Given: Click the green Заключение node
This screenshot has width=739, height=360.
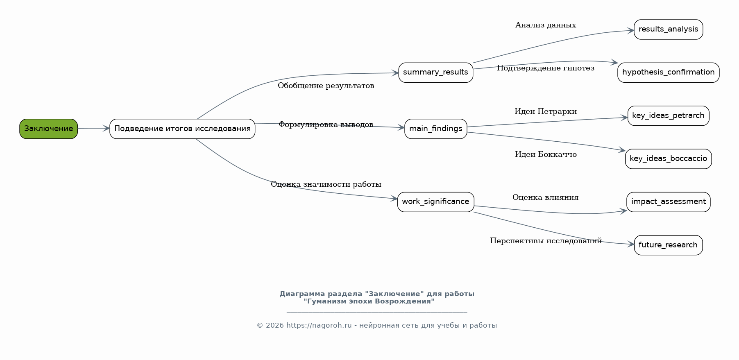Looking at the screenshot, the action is [x=48, y=129].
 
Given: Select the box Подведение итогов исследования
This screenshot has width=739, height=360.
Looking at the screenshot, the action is [x=182, y=129].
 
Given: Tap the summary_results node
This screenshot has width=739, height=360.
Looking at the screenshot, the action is [x=435, y=72].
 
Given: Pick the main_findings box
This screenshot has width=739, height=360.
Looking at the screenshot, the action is [x=435, y=129].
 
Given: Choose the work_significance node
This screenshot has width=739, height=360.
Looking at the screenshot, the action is [x=435, y=202].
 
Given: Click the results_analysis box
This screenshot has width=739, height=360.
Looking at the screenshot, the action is [x=668, y=29].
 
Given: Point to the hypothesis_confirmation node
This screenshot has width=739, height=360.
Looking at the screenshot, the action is [x=668, y=72].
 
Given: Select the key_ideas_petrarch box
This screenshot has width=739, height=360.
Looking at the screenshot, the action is [x=668, y=116].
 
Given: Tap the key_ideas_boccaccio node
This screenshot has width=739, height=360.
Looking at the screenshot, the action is [x=668, y=159].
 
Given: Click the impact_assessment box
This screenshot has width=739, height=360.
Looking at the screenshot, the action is [x=668, y=202].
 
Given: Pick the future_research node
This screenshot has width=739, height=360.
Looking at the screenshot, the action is [x=668, y=245].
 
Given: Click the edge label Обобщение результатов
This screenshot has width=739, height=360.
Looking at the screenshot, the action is [x=326, y=86].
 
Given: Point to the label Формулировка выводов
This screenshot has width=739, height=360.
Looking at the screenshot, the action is [x=326, y=125].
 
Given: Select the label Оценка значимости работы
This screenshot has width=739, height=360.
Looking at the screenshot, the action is [x=326, y=184].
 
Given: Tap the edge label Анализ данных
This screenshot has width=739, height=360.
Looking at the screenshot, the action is [x=545, y=25].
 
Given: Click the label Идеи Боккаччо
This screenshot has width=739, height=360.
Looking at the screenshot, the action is [x=546, y=154].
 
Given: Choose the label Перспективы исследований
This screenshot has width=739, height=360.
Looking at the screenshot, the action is [x=546, y=241].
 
